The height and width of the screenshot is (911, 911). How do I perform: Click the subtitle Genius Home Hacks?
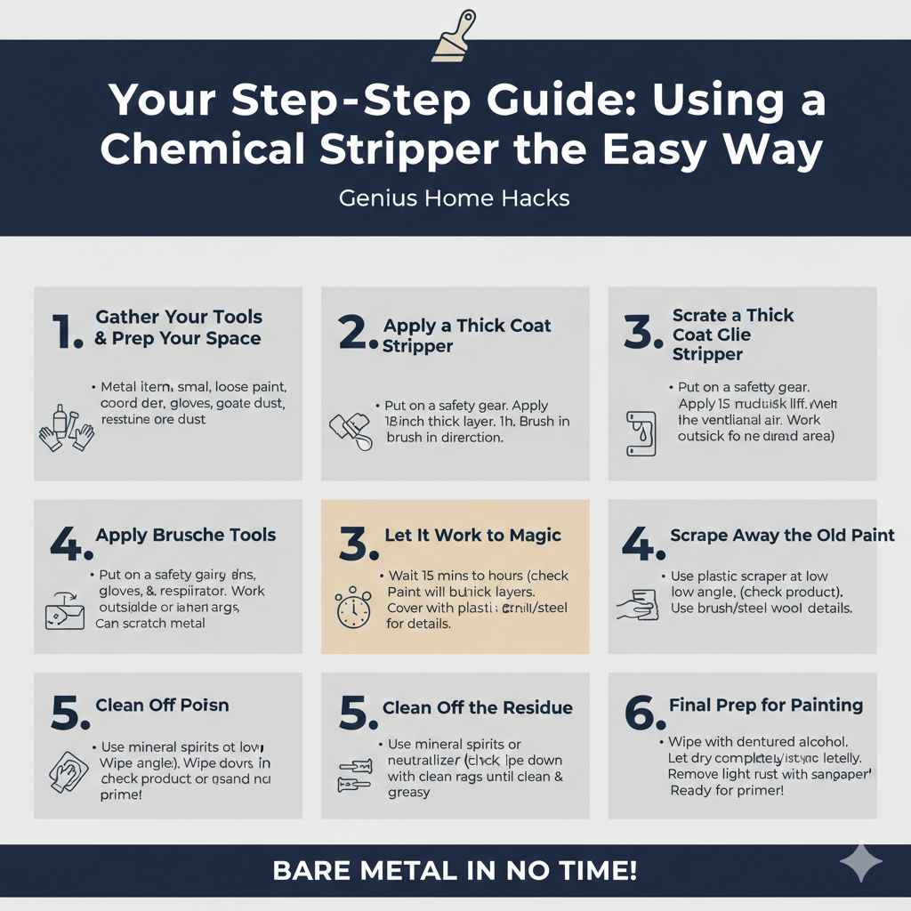[454, 198]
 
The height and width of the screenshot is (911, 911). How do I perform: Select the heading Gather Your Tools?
[178, 317]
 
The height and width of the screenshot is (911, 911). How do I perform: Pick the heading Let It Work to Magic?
[472, 535]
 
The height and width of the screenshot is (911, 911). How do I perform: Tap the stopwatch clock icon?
[352, 608]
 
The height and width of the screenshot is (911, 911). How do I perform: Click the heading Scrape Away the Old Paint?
[783, 535]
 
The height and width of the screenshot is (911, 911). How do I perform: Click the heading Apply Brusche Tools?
[185, 535]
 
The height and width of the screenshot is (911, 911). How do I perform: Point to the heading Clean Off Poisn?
[162, 705]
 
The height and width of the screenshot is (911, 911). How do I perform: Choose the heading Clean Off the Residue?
[477, 708]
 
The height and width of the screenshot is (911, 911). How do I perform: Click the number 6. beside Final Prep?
[644, 713]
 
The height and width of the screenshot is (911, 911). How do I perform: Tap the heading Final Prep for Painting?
[765, 705]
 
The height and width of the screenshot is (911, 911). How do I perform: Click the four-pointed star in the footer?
[861, 863]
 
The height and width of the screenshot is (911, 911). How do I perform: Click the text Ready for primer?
[726, 791]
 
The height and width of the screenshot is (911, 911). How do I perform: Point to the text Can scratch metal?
[151, 623]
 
